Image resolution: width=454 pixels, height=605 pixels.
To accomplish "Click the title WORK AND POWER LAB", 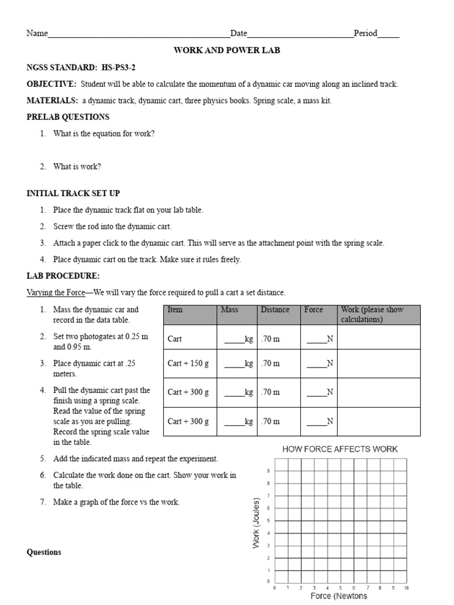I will (226, 50).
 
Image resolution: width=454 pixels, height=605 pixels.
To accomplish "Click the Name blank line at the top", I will (139, 34).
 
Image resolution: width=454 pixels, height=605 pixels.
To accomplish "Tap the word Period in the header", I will (365, 34).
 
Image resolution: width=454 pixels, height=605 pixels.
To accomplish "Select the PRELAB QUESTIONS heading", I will (68, 117).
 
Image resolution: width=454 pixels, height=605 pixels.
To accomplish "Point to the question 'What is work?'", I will (77, 167).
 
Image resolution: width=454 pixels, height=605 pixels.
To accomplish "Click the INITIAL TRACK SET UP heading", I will (73, 193).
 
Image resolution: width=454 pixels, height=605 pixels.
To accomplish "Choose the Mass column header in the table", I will (229, 310).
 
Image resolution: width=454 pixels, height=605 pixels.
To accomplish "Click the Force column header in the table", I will (313, 310).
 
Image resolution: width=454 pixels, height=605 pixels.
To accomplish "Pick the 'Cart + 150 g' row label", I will (188, 363).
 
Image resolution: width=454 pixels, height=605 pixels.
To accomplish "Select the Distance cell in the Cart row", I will (271, 339).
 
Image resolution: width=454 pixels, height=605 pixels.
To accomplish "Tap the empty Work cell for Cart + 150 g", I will (378, 363).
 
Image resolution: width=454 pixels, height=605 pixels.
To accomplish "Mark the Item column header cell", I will (175, 310).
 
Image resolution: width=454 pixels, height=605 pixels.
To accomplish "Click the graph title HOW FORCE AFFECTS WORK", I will (340, 449).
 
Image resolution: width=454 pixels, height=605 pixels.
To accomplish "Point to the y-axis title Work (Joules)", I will (257, 522).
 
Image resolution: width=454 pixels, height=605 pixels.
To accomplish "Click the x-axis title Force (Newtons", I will (339, 596).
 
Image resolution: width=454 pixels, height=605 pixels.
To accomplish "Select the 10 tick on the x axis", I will (406, 588).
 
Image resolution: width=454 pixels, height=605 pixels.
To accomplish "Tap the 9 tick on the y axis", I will (268, 471).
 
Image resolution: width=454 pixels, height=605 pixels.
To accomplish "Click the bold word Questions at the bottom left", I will (44, 552).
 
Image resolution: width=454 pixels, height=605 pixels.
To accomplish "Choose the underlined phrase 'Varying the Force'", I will (56, 292).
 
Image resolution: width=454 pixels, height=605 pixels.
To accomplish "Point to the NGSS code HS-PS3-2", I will (121, 67).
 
